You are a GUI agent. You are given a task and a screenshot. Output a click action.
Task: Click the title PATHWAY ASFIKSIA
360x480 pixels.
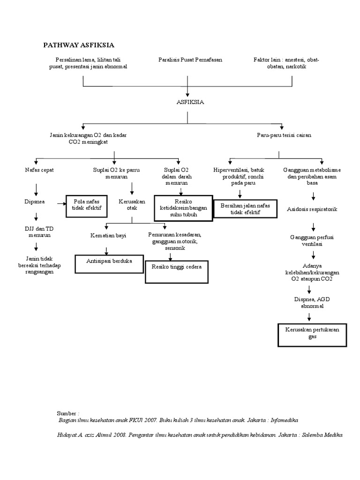click(x=79, y=45)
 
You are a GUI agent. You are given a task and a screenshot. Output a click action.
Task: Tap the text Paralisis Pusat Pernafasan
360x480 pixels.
click(x=190, y=60)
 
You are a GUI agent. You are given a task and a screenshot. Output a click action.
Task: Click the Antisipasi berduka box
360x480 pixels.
click(x=110, y=263)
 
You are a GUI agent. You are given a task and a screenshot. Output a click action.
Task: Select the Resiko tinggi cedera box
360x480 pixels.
click(x=176, y=272)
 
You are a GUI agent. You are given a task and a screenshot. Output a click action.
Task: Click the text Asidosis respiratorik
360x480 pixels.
click(x=312, y=209)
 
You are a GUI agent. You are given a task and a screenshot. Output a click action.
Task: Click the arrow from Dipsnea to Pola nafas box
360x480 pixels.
click(x=59, y=203)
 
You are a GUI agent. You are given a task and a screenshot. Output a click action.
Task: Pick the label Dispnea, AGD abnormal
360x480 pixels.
click(x=312, y=302)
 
